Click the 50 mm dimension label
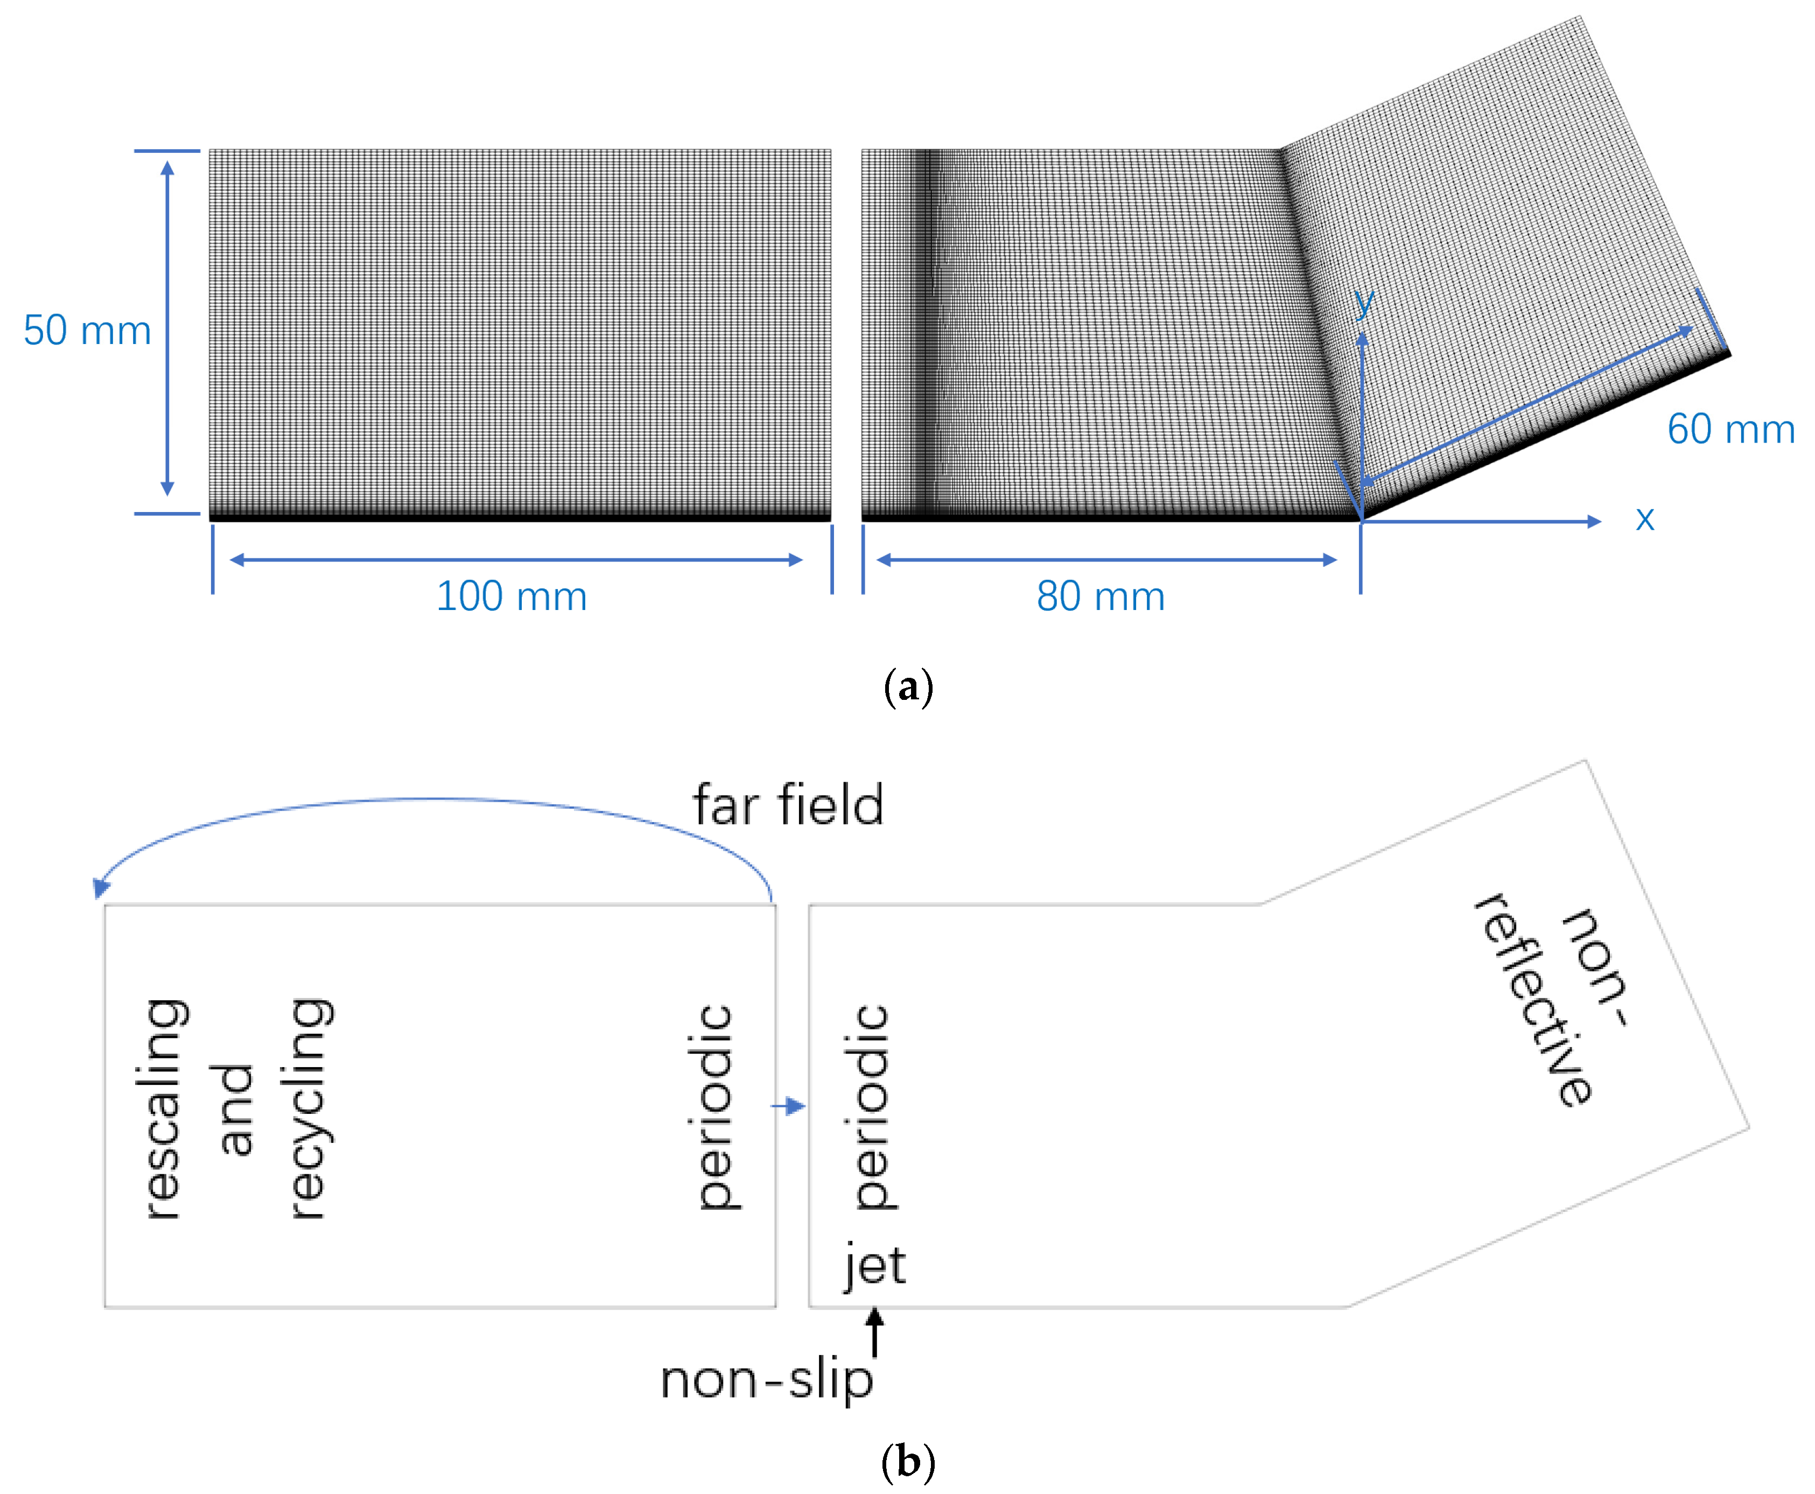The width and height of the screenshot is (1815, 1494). (x=87, y=331)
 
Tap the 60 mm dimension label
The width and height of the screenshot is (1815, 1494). (x=1730, y=429)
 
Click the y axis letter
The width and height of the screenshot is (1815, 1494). (x=1363, y=303)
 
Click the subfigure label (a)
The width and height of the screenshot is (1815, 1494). (x=908, y=688)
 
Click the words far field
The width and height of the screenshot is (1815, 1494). (x=788, y=805)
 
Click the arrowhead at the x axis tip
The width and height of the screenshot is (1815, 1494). (x=1594, y=522)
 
